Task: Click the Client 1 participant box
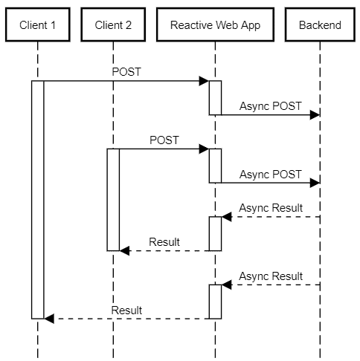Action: (x=38, y=25)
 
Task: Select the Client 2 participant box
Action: (x=113, y=25)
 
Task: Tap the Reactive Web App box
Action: (x=215, y=25)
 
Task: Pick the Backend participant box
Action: (x=320, y=25)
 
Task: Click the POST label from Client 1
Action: (x=126, y=72)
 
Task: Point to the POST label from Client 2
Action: (x=164, y=140)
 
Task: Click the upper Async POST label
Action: (x=271, y=106)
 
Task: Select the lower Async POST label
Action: (x=271, y=175)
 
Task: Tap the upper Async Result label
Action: (x=271, y=208)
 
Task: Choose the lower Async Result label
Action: (x=271, y=276)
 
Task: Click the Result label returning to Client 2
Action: (x=164, y=242)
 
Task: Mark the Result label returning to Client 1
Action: (x=126, y=310)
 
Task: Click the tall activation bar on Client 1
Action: (x=38, y=200)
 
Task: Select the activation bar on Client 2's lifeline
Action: (x=113, y=200)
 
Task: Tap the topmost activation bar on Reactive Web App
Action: (x=215, y=98)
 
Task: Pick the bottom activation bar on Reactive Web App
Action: (x=215, y=302)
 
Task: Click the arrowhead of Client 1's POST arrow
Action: (x=204, y=81)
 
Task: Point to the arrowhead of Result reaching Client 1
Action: (x=49, y=319)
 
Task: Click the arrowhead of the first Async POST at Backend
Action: (x=315, y=115)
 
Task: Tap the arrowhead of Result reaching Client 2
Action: (x=124, y=250)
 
